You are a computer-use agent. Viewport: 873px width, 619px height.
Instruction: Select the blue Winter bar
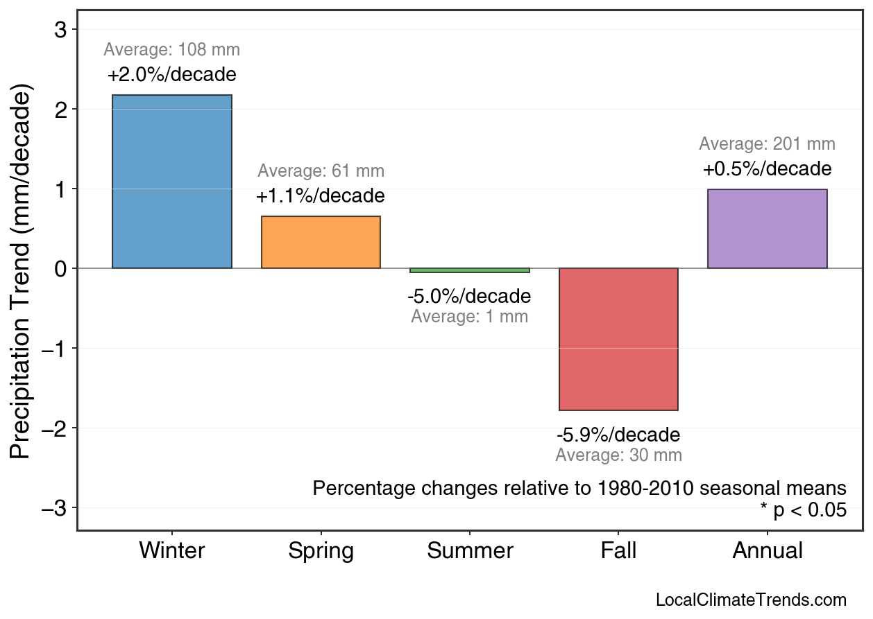point(171,182)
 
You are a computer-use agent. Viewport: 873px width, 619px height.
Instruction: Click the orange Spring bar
point(321,243)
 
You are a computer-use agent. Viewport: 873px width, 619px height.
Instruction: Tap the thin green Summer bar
point(470,270)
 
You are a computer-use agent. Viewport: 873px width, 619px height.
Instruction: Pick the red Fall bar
point(618,339)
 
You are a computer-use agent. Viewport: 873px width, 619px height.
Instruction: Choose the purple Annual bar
point(767,229)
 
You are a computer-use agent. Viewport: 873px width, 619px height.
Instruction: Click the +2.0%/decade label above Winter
point(171,75)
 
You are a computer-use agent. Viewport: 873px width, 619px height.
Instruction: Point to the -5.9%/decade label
point(618,435)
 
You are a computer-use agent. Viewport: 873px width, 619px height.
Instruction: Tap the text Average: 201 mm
point(767,144)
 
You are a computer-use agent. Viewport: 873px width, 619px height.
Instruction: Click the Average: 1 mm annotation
point(469,317)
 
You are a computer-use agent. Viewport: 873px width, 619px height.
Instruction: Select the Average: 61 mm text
point(321,171)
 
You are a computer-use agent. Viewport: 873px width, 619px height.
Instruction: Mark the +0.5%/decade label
point(767,169)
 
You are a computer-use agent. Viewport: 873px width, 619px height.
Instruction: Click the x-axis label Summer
point(470,551)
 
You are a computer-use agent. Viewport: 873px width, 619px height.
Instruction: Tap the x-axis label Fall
point(618,551)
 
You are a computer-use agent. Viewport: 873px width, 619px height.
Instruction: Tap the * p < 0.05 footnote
point(803,510)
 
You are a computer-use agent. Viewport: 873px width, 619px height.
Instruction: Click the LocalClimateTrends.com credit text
point(751,600)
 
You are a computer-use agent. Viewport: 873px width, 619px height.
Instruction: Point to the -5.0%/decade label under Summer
point(469,297)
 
